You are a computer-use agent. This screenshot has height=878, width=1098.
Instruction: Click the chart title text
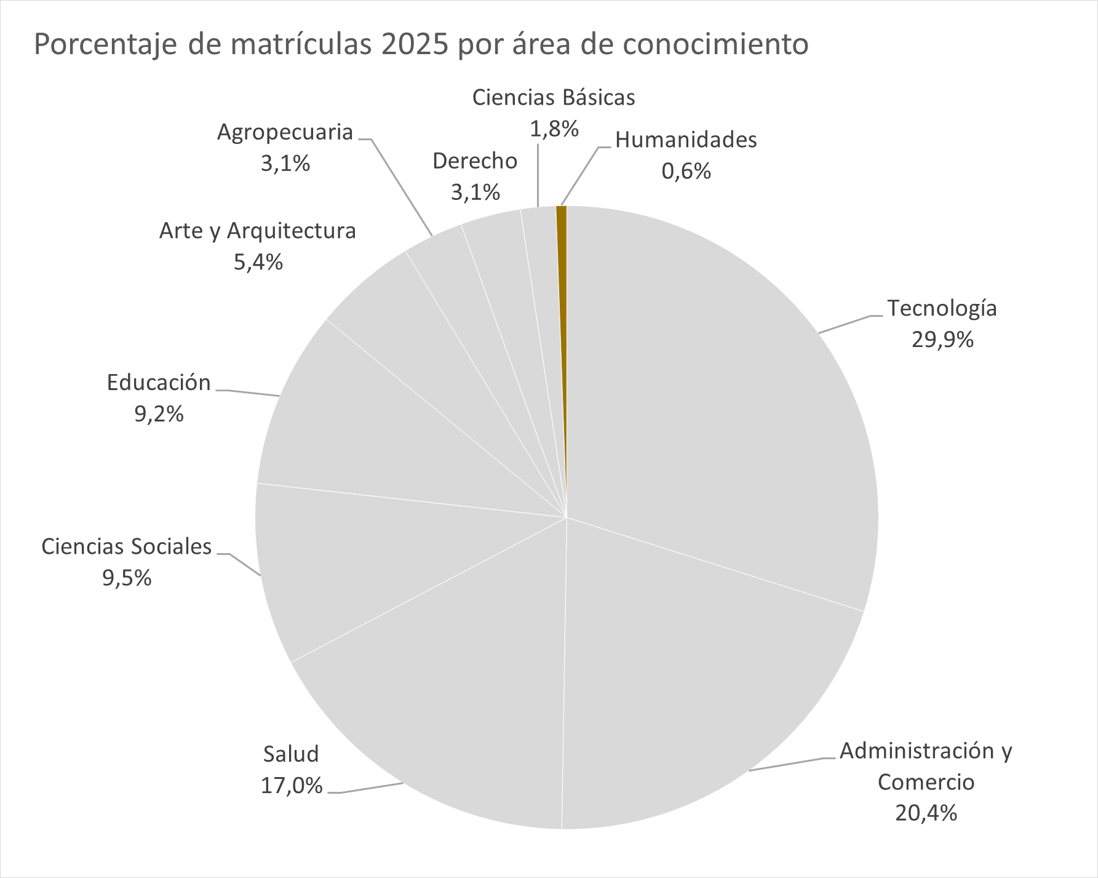click(421, 44)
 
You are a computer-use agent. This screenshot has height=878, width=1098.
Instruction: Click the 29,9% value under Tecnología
click(942, 340)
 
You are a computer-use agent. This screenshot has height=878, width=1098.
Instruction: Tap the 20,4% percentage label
click(926, 813)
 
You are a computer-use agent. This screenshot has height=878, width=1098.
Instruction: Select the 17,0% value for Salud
click(292, 786)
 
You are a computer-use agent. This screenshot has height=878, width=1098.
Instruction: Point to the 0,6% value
click(686, 171)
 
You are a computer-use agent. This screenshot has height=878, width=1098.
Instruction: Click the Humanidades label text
click(686, 140)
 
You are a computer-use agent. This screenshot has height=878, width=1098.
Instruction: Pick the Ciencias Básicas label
click(554, 98)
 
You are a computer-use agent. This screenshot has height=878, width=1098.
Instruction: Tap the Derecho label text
click(475, 161)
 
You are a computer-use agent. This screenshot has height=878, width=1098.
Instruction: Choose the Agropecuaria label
click(285, 132)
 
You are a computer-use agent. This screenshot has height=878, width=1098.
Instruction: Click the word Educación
click(159, 383)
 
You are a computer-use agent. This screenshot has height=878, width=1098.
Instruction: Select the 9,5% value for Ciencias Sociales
click(127, 578)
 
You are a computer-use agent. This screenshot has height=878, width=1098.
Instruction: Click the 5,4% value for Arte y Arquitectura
click(258, 263)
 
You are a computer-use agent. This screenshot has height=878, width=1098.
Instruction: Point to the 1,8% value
click(554, 129)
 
